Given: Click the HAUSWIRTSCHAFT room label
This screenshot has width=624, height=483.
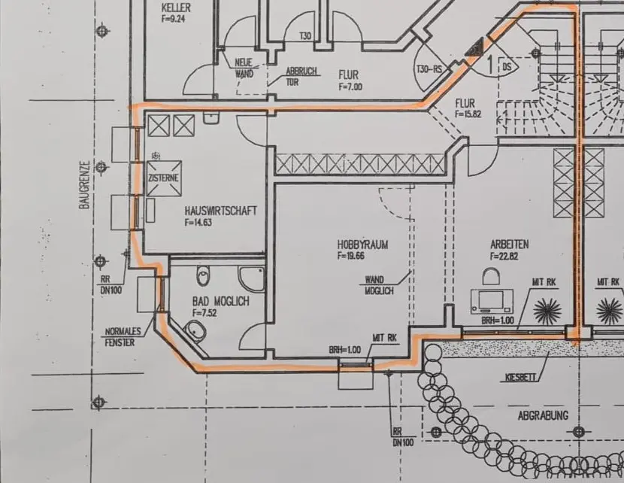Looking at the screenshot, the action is tap(220, 211).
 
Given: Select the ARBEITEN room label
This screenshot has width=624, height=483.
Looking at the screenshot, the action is tap(509, 244).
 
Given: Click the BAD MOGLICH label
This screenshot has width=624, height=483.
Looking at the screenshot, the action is tap(220, 302).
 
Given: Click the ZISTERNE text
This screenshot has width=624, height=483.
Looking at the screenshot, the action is tap(164, 178).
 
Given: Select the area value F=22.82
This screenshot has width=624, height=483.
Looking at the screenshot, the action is tap(504, 255).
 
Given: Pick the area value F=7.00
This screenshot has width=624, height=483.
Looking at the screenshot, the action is tap(350, 87).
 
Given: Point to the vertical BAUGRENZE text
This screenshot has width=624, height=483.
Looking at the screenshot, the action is tap(85, 184).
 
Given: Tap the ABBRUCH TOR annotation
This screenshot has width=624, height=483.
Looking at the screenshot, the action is tap(303, 77).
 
